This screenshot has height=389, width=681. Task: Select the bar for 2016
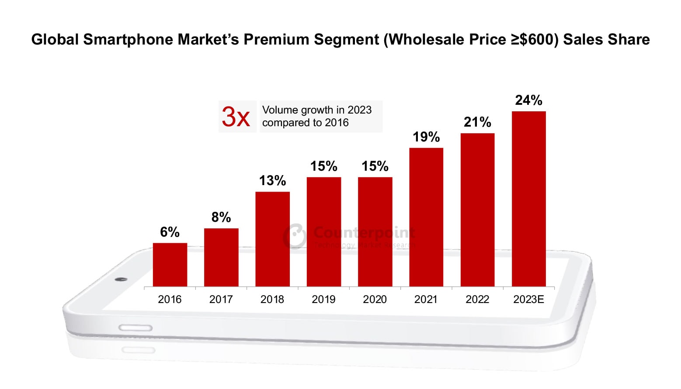(170, 265)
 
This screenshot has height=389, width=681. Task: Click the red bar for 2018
(272, 239)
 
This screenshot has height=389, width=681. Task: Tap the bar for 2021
(426, 217)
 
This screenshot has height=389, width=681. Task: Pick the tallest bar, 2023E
(528, 199)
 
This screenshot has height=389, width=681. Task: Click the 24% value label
(528, 100)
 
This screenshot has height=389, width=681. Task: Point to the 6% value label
(170, 232)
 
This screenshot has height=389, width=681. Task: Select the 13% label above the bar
(272, 181)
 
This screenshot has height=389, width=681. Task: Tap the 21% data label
(477, 122)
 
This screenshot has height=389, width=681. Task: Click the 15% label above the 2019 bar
(323, 166)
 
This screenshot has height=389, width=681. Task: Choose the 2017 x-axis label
(221, 299)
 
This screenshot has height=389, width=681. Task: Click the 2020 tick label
(375, 299)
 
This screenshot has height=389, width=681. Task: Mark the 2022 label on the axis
(477, 299)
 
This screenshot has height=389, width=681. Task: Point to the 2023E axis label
(528, 299)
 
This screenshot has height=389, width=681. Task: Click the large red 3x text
(236, 117)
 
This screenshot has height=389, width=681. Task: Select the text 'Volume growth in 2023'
(317, 110)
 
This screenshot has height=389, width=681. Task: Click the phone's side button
(136, 328)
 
